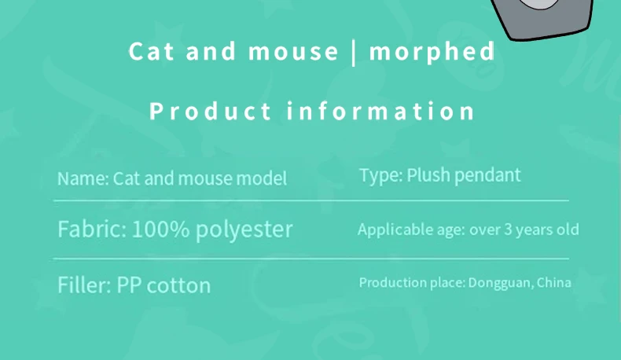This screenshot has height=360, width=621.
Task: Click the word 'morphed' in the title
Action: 432,52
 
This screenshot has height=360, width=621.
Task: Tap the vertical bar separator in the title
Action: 354,52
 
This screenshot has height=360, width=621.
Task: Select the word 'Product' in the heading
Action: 210,111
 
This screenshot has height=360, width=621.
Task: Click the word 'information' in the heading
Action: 381,111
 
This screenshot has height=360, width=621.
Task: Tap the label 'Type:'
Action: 380,174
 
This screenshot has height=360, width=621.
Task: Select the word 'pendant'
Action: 487,174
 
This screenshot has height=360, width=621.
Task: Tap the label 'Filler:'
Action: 84,284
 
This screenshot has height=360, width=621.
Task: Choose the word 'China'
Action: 553,282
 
